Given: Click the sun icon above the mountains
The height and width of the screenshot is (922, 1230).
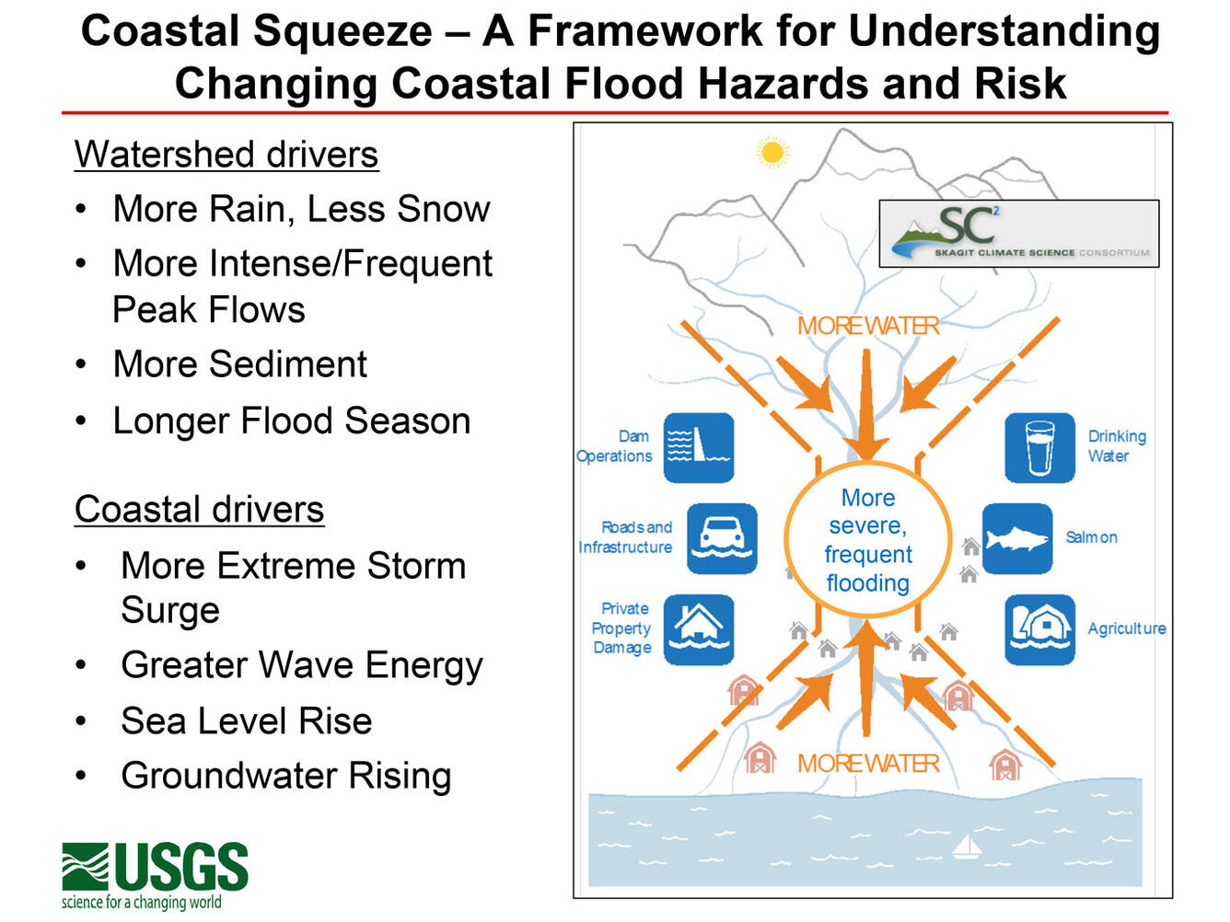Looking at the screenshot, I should pyautogui.click(x=772, y=152).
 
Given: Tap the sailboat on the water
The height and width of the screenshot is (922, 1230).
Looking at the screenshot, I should pyautogui.click(x=966, y=846).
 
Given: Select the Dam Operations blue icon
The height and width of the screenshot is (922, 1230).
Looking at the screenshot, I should pyautogui.click(x=699, y=448).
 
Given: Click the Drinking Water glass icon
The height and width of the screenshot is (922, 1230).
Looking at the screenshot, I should pyautogui.click(x=1039, y=448).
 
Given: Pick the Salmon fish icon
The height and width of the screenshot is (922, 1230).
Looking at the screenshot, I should pyautogui.click(x=1016, y=538).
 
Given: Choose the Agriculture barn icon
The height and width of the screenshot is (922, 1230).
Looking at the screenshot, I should pyautogui.click(x=1039, y=629).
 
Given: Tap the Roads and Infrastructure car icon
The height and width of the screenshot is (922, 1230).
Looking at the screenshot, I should pyautogui.click(x=722, y=538).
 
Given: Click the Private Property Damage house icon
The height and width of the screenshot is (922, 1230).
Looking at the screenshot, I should pyautogui.click(x=699, y=629).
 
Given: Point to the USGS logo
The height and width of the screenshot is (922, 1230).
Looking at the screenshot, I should pyautogui.click(x=155, y=874).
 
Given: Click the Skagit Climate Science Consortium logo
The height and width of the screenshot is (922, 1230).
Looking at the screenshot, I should pyautogui.click(x=1018, y=234).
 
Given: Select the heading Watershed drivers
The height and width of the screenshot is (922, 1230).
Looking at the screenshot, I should pyautogui.click(x=226, y=155).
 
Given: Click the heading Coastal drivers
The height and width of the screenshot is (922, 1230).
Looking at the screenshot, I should pyautogui.click(x=199, y=510).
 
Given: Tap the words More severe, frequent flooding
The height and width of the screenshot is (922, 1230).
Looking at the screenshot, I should pyautogui.click(x=867, y=541).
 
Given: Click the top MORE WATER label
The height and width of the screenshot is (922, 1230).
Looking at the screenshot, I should pyautogui.click(x=867, y=327).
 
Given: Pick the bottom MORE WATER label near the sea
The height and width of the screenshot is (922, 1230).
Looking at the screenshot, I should pyautogui.click(x=867, y=764).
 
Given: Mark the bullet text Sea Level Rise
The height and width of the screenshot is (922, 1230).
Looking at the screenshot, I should pyautogui.click(x=246, y=721).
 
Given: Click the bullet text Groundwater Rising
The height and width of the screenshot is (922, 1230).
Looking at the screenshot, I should pyautogui.click(x=285, y=776).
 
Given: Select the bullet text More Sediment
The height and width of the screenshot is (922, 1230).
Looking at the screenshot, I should pyautogui.click(x=239, y=364).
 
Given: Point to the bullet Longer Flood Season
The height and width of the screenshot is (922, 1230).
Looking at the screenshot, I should pyautogui.click(x=291, y=421).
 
